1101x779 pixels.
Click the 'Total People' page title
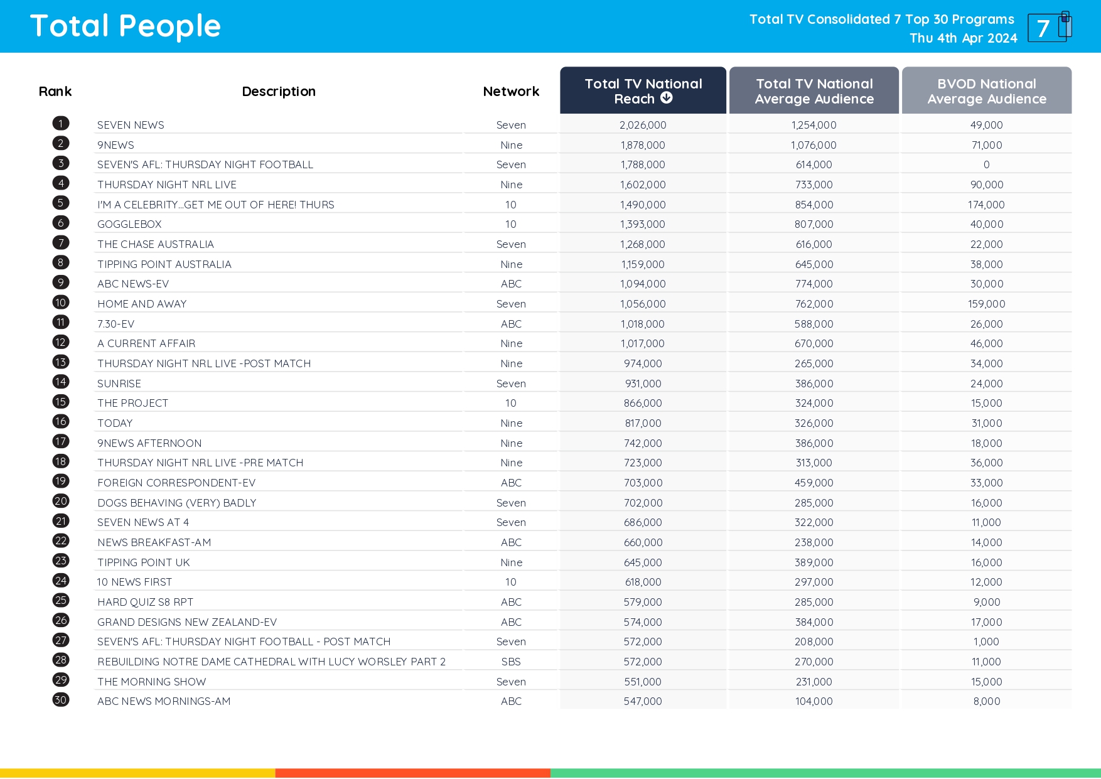[x=126, y=26]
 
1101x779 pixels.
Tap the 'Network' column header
[x=511, y=92]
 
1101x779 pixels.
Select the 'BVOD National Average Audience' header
[x=986, y=92]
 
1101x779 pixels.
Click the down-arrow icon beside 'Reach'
[x=667, y=98]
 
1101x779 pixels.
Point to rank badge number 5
[x=61, y=203]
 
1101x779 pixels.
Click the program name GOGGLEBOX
[x=129, y=224]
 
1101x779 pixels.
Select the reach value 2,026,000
[x=643, y=125]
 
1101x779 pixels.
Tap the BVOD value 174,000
[x=986, y=205]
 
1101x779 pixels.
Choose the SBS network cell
[x=511, y=662]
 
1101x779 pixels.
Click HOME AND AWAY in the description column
[x=142, y=304]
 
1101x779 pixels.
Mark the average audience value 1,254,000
[x=814, y=125]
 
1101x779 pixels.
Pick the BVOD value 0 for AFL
[x=986, y=164]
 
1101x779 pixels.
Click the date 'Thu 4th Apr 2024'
[x=963, y=38]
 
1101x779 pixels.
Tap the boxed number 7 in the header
[x=1044, y=28]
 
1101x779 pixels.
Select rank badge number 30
[x=61, y=700]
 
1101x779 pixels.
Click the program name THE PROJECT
[x=132, y=403]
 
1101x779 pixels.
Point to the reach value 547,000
[x=643, y=701]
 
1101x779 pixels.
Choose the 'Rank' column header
[x=55, y=92]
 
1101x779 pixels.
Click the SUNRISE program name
[x=119, y=384]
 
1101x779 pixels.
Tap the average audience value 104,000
[x=814, y=701]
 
